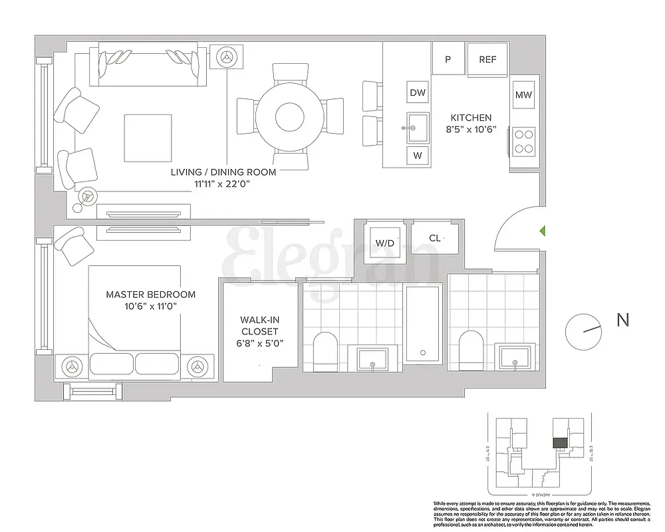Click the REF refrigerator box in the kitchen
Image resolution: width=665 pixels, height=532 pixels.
coord(487,59)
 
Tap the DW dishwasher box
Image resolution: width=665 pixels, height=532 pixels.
coord(418,93)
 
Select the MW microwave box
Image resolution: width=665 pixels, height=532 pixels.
coord(523,95)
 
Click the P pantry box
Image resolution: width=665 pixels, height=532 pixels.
coord(448,59)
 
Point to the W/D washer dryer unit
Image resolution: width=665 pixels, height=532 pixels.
coord(385,243)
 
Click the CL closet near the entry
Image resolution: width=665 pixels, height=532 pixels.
coord(434,238)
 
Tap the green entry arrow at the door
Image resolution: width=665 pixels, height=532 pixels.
coord(542,231)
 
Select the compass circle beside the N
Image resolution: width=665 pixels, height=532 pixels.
coord(583,331)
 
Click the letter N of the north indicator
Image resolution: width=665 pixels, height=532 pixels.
coord(622,320)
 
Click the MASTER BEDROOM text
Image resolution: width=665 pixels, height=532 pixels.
coord(151,294)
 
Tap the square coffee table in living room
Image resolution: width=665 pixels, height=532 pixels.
coord(146,138)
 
